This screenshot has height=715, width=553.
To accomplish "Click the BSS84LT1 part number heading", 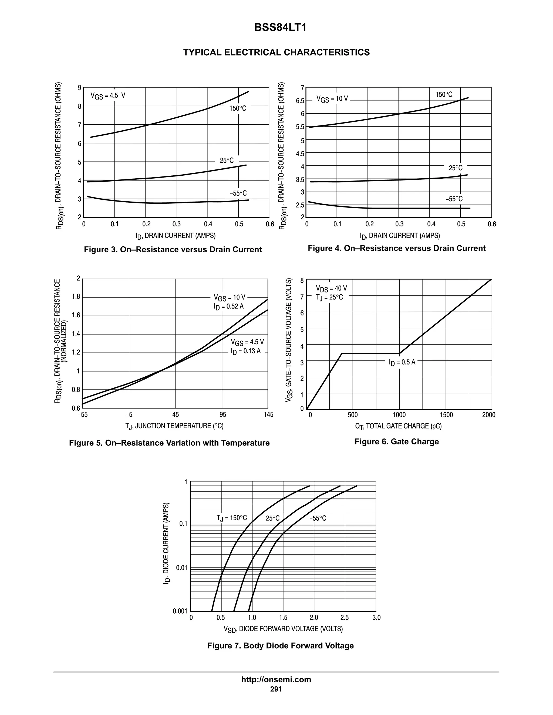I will tap(280, 28).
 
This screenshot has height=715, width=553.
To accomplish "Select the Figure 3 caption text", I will tap(173, 250).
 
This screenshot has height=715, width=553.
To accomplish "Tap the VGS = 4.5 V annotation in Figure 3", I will tap(108, 96).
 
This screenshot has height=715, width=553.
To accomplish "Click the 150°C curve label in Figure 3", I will tap(238, 108).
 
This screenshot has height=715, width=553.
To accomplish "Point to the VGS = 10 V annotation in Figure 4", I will tap(332, 99).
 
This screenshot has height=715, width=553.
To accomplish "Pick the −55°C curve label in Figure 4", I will tap(454, 199).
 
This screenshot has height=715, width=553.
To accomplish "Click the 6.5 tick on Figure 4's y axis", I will tap(300, 101).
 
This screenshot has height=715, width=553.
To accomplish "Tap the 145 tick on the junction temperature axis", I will tap(268, 415).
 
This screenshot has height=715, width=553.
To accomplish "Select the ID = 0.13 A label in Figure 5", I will tap(246, 352).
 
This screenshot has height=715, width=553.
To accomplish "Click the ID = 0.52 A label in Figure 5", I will tap(229, 307).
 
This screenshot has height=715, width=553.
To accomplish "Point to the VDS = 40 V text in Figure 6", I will tap(331, 288).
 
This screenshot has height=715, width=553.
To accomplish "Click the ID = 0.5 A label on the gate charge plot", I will tap(402, 362).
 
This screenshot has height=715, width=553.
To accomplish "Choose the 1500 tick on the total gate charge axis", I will tap(446, 415).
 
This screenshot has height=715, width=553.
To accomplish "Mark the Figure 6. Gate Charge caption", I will tap(396, 442).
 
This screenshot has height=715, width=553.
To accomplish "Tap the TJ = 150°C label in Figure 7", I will tap(232, 518).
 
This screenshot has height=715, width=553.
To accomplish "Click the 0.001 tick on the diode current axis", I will tap(180, 611).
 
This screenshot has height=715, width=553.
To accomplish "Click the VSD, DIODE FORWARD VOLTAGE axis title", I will tap(283, 629).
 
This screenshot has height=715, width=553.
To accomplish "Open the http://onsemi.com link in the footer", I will tap(276, 679).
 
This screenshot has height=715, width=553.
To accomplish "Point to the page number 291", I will tap(276, 689).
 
